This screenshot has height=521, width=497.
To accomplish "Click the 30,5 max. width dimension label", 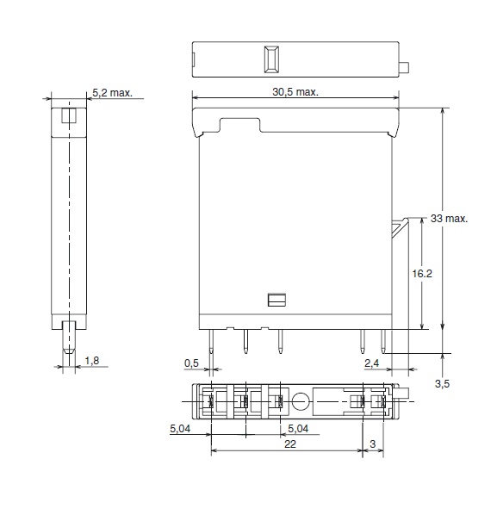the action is (x=295, y=91).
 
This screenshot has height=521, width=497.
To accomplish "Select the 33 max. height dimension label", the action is (x=449, y=218).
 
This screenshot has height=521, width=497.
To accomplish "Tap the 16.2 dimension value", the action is (x=422, y=274).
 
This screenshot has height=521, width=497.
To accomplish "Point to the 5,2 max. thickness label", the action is (x=112, y=93).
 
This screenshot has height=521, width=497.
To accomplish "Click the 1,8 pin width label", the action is (x=92, y=361).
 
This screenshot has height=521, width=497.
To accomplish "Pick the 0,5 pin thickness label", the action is (x=191, y=363).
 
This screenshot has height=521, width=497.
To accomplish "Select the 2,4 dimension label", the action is (x=371, y=363).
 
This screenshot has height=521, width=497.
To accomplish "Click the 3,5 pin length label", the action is (x=442, y=384).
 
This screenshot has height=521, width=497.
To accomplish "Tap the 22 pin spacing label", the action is (x=290, y=443).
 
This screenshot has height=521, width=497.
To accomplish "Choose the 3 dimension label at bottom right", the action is (x=372, y=443).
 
